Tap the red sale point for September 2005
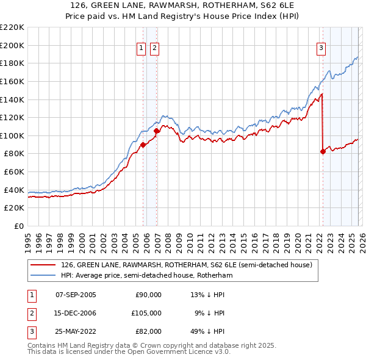pos(143,145)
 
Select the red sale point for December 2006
pos(157,131)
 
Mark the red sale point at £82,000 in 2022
pos(323,152)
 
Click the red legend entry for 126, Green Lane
pos(186,265)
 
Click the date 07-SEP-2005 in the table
pos(76,295)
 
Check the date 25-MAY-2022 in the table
pos(76,331)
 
